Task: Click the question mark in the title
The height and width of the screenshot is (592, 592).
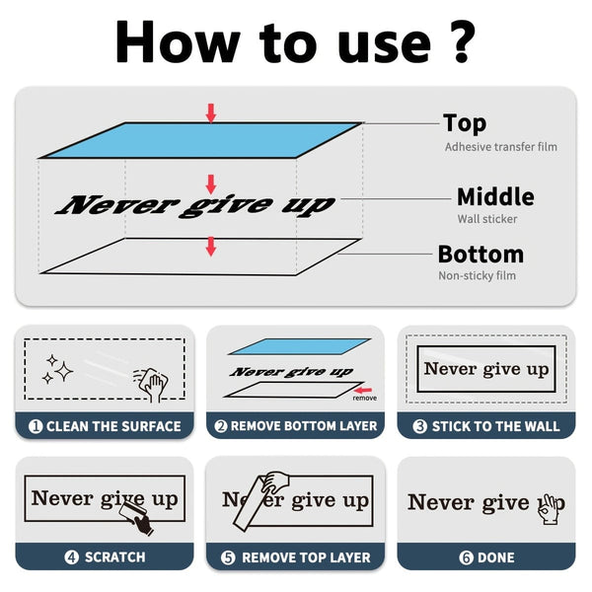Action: point(458,42)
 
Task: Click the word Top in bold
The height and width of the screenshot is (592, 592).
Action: point(465,123)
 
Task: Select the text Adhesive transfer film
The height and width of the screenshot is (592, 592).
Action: point(500,147)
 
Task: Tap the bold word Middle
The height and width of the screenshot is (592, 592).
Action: point(495,196)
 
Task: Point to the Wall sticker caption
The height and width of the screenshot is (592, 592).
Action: point(487,219)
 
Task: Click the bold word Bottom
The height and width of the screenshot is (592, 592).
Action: point(481,255)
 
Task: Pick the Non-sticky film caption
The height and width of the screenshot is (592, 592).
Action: point(477,275)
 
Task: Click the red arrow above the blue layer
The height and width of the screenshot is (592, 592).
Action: point(211,113)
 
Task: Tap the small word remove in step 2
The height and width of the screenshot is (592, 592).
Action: point(365,398)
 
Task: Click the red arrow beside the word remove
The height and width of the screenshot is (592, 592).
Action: point(363,390)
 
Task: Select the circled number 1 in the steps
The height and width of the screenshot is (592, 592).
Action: point(36,426)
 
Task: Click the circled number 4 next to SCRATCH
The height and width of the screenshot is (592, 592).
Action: point(71,557)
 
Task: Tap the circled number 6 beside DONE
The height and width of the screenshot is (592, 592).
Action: point(466,557)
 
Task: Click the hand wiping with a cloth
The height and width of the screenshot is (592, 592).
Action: point(152,384)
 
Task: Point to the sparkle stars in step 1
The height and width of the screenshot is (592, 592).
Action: point(58,369)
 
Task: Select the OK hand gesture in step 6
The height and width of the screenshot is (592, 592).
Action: point(550,509)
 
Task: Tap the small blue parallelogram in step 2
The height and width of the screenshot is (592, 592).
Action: point(299,346)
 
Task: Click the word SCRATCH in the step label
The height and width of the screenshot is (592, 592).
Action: point(115,557)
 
